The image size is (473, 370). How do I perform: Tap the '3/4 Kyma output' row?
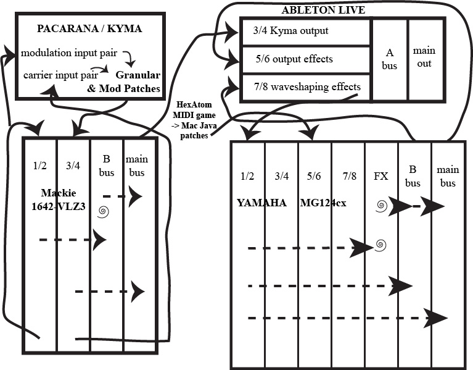(x=286, y=31)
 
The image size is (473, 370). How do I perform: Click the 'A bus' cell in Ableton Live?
(x=389, y=60)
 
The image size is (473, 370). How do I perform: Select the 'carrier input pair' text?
(x=56, y=75)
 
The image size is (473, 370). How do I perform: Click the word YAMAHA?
(x=261, y=202)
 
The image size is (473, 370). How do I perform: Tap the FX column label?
(x=380, y=177)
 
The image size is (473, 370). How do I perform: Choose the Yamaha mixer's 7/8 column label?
(x=348, y=177)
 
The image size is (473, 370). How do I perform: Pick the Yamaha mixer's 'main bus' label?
(x=446, y=176)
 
